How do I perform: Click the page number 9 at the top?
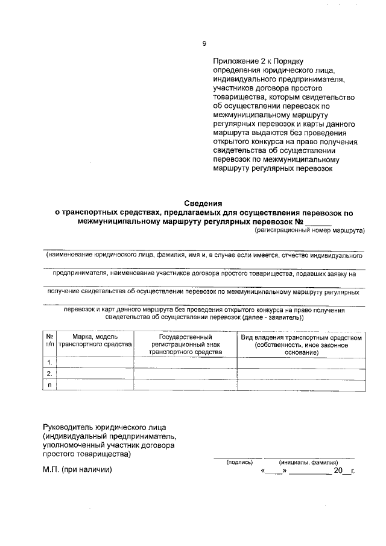tap(204, 43)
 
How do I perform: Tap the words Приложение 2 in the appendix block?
tap(238, 62)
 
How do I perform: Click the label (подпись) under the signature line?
tap(239, 462)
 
